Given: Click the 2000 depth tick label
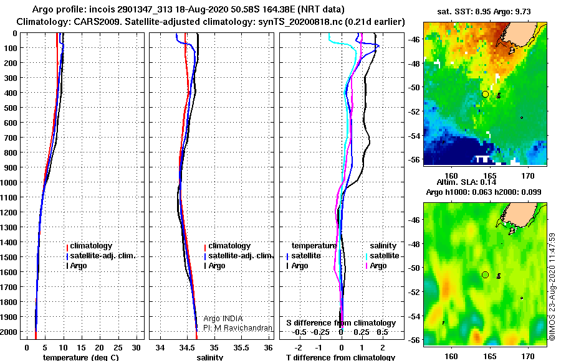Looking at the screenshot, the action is (9, 332).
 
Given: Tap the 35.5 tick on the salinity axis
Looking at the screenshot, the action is (241, 348).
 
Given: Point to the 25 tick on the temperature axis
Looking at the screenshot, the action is (118, 348).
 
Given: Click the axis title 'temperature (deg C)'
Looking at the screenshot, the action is (81, 357).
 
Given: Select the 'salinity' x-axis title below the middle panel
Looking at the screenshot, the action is (210, 357).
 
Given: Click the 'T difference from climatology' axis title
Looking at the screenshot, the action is (340, 357).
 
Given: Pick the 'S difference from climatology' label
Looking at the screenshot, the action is (341, 323).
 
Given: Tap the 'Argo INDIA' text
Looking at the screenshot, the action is (223, 319).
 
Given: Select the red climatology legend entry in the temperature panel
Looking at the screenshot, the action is (89, 246).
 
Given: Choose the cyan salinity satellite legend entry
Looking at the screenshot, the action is (383, 256).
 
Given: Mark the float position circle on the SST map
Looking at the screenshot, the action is (485, 95).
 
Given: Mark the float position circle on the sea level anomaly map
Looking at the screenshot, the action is (485, 275).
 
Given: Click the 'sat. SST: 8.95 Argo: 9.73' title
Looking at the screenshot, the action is (484, 11).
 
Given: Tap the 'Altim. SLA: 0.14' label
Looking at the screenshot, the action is (466, 182).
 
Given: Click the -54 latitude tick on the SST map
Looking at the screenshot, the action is (415, 136).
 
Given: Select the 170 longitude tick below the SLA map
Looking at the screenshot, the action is (528, 357).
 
